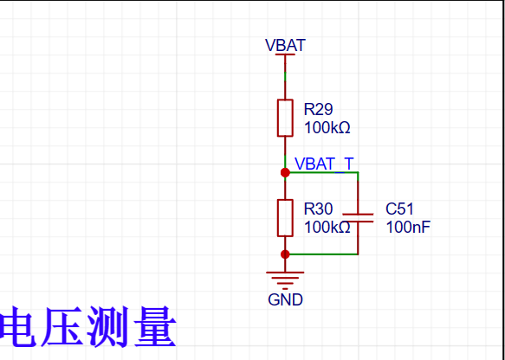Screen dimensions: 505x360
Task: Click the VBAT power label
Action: click(285, 45)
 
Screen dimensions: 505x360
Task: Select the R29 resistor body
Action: click(285, 118)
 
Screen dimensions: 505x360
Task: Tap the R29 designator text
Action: click(318, 109)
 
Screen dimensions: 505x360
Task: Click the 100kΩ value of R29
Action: click(327, 128)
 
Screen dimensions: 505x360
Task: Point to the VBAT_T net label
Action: click(324, 164)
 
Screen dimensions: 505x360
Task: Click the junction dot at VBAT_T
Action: click(285, 173)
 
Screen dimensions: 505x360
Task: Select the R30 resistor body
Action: click(285, 218)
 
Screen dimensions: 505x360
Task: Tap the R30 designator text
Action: click(318, 209)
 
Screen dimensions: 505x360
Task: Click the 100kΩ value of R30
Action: click(327, 228)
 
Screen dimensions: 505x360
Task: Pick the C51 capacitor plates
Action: click(358, 218)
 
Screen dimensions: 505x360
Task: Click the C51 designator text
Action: click(399, 209)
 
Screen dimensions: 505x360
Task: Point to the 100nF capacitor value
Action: click(408, 228)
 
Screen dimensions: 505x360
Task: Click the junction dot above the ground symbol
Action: click(285, 254)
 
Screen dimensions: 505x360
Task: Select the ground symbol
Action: click(285, 280)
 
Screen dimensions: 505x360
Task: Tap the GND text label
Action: click(285, 299)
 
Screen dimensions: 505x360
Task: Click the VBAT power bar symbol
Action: click(285, 55)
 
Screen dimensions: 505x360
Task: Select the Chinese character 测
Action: click(108, 326)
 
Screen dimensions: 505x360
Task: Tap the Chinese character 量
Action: click(155, 326)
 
